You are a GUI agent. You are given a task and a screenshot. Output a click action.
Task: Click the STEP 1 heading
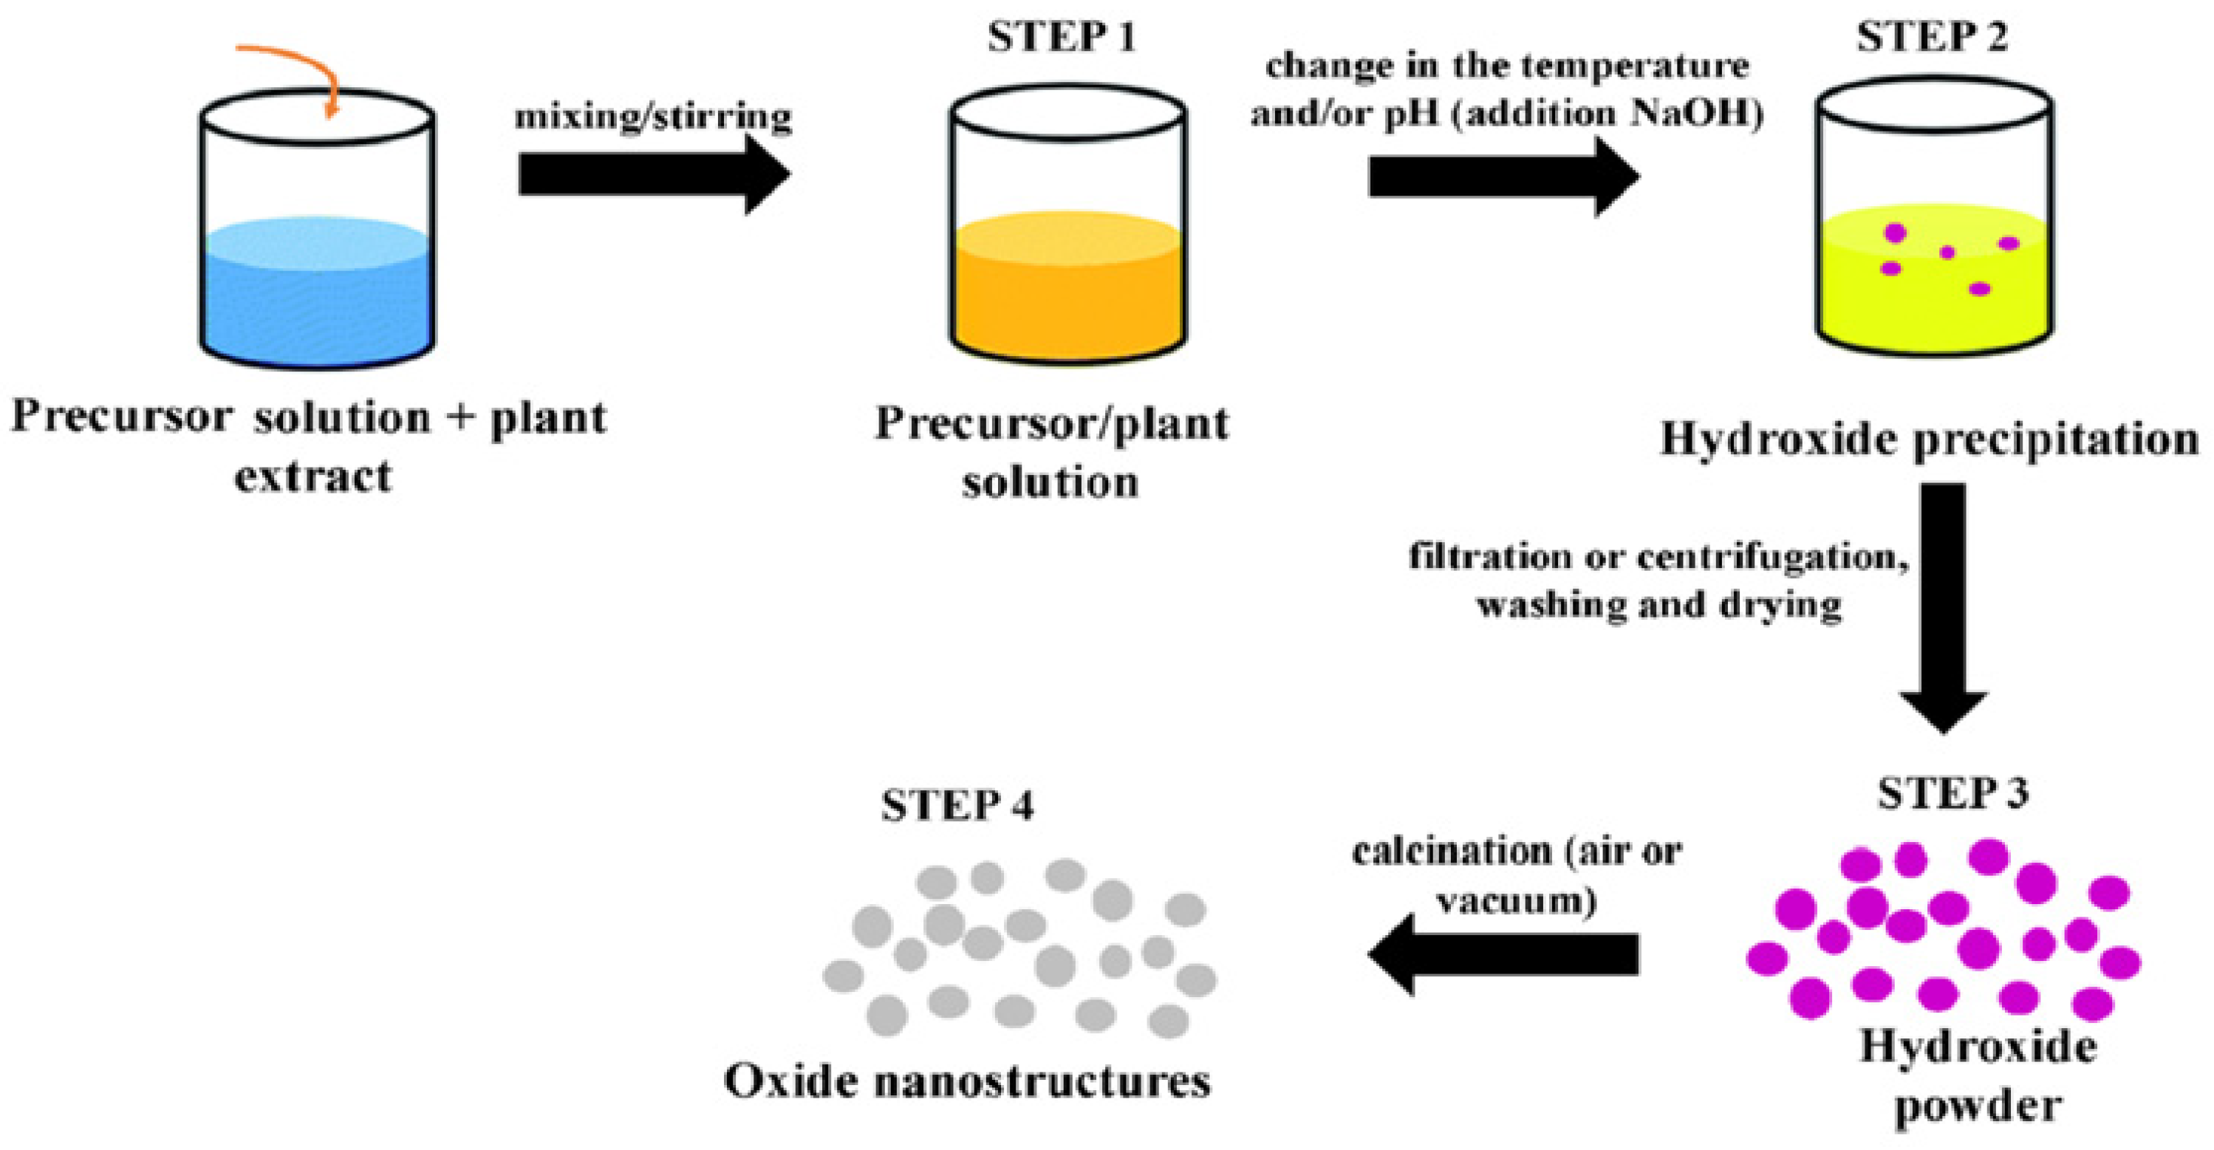tap(1062, 38)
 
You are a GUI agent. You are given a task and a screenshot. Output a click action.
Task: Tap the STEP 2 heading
tap(1931, 38)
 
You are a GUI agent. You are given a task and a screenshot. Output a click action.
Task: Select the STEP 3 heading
tap(1952, 793)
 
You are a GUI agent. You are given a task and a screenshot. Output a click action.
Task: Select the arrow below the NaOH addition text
tap(1503, 177)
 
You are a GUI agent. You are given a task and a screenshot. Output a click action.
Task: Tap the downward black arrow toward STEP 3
tap(1944, 602)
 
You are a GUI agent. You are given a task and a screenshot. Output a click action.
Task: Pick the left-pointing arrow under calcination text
tap(1503, 954)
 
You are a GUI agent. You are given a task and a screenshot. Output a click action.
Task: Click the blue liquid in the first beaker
tap(316, 301)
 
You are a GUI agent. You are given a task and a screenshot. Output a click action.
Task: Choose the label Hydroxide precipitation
tap(1929, 439)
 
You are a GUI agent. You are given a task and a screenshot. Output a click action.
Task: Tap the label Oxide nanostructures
tap(968, 1081)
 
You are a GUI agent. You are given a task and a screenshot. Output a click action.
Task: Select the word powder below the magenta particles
tap(1977, 1103)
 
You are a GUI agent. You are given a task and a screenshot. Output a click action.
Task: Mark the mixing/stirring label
tap(653, 115)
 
